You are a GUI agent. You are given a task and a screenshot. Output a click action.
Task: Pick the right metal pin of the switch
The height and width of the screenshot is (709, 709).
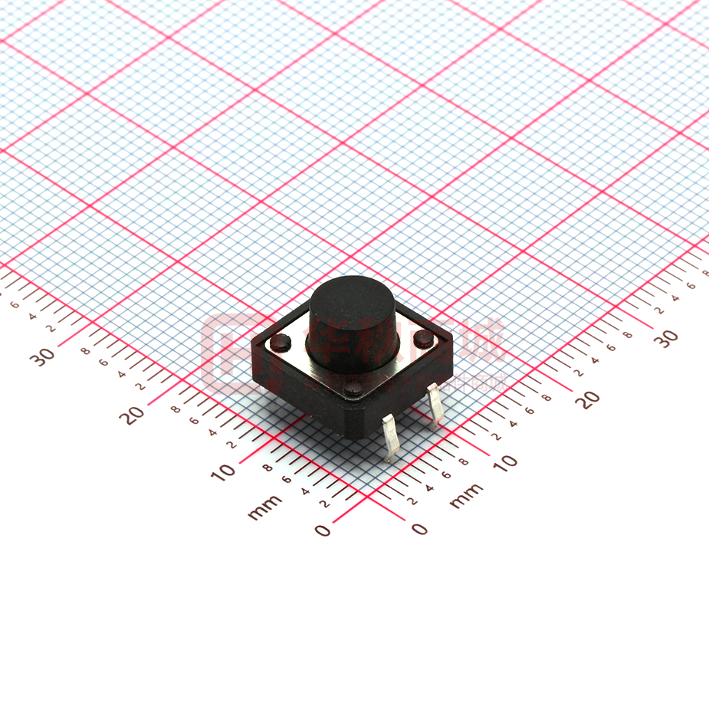[435, 405]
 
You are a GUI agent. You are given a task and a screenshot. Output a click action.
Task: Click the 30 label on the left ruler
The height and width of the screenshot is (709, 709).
[44, 356]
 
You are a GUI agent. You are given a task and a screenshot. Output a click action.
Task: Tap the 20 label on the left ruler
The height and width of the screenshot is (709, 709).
[133, 415]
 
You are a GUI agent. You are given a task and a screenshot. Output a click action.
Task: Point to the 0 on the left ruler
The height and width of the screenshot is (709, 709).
[323, 530]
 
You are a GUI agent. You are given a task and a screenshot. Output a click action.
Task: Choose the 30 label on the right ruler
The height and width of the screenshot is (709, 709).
[668, 338]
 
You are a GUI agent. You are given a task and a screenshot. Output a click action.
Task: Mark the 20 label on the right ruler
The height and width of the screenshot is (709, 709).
[588, 399]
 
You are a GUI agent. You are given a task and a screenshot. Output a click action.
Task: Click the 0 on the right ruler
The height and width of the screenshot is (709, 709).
[419, 528]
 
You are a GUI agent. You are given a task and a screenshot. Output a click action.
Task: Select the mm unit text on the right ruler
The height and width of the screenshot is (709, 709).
[466, 496]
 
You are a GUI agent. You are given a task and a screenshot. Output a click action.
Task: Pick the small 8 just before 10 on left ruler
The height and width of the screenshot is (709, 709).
[268, 467]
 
